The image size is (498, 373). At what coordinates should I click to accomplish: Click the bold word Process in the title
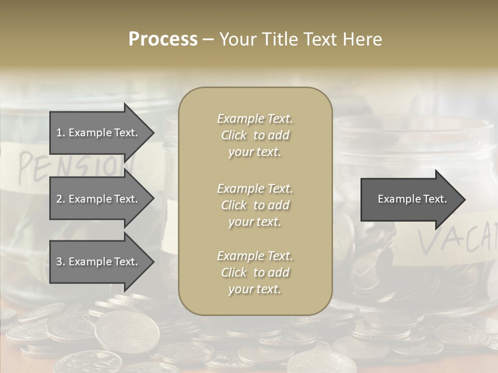[x=163, y=39]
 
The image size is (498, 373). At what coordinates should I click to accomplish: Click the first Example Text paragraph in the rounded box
[x=255, y=135]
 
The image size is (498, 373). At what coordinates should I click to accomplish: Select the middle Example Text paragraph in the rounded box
[x=255, y=205]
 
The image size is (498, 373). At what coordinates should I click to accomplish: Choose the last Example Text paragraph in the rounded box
[x=255, y=272]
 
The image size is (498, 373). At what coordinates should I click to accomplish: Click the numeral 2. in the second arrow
[x=61, y=199]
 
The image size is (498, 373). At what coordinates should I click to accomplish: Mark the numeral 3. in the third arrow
[x=61, y=262]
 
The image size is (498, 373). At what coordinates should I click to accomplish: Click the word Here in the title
[x=363, y=39]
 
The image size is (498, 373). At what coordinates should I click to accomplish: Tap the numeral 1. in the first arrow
[x=61, y=133]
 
